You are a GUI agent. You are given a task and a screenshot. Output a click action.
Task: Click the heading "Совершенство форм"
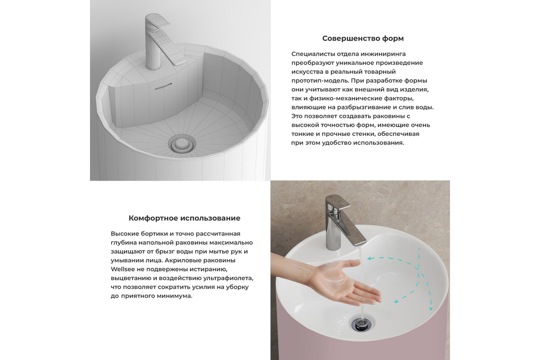pyautogui.click(x=363, y=38)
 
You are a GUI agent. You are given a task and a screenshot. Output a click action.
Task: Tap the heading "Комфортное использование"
pyautogui.click(x=184, y=218)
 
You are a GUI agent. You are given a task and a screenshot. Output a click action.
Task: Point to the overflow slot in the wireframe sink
pyautogui.click(x=163, y=86)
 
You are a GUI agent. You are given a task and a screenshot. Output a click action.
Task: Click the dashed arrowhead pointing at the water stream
pyautogui.click(x=369, y=258)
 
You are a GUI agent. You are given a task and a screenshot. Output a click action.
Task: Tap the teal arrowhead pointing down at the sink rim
pyautogui.click(x=431, y=309)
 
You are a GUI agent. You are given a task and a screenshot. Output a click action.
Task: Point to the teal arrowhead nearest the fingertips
pyautogui.click(x=396, y=301)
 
